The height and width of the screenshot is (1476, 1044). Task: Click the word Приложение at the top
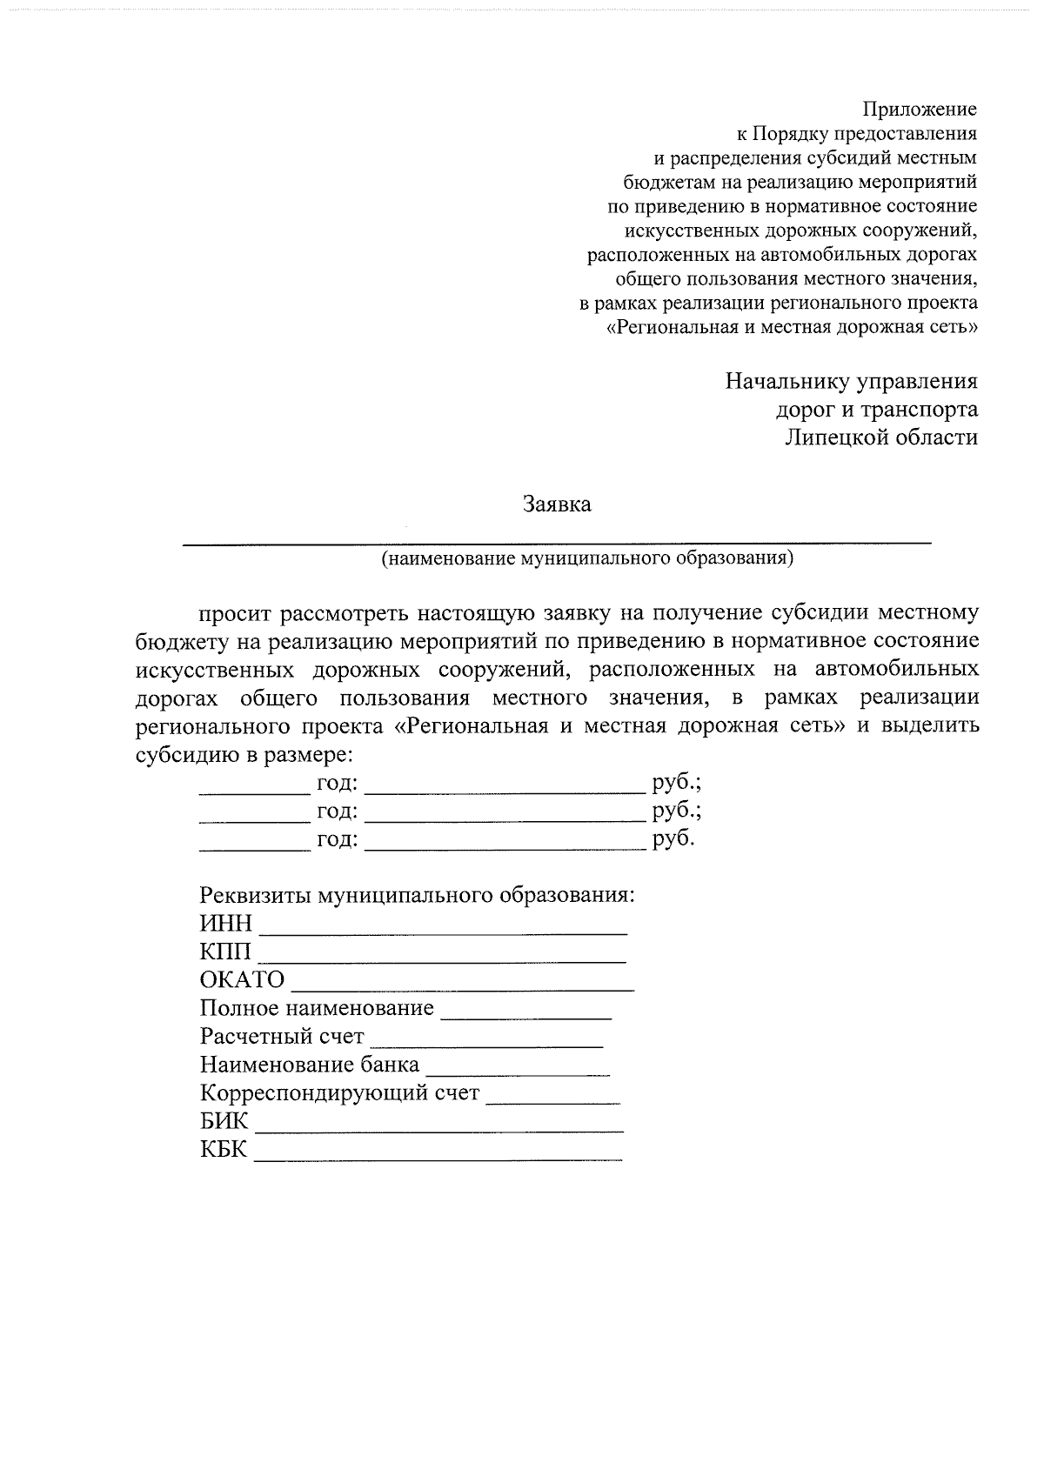[x=920, y=110]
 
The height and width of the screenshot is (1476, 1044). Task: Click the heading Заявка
[x=557, y=504]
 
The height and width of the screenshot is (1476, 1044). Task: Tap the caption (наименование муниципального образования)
[x=588, y=558]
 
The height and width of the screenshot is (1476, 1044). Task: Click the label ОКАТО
[x=242, y=980]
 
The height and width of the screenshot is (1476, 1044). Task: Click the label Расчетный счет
[x=282, y=1037]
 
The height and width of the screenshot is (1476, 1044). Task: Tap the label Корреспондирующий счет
[x=339, y=1092]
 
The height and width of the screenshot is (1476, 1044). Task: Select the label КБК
[x=224, y=1151]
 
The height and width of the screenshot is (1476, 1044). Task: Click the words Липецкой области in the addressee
[x=880, y=437]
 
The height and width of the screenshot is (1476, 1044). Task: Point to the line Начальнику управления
[x=851, y=381]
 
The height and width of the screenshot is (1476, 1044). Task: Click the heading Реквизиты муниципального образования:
[x=418, y=895]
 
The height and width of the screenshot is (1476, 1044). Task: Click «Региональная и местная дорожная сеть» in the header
[x=792, y=328]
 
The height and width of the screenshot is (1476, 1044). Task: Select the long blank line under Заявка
[x=557, y=542]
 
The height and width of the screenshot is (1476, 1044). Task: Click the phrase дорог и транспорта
[x=876, y=409]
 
